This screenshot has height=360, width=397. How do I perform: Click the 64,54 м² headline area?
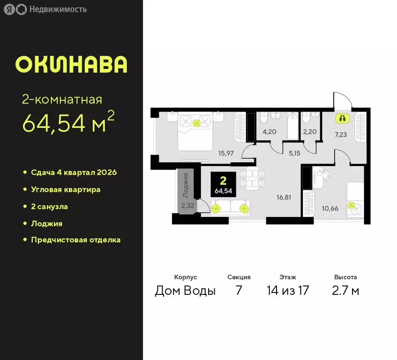coord(68,123)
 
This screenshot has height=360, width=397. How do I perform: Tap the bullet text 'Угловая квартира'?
coord(66,189)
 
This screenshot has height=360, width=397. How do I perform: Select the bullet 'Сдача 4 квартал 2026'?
coord(74,172)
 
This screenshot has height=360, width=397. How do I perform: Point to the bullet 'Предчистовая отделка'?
coord(75,240)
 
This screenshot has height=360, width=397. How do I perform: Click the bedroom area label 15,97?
coord(226,152)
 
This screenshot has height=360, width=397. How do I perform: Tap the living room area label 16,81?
coord(284,197)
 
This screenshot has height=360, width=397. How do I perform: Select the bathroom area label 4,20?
coord(269,132)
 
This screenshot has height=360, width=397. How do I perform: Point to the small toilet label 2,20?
coord(309,132)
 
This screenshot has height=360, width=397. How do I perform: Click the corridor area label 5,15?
coord(294,152)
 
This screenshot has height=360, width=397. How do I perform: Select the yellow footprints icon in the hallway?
coord(342,118)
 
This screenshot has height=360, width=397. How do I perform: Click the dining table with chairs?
coord(252,179)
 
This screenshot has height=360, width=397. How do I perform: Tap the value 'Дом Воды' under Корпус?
coord(185,291)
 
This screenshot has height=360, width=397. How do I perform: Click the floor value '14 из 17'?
coord(288,291)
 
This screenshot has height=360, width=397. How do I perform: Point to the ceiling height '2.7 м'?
coord(346,291)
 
